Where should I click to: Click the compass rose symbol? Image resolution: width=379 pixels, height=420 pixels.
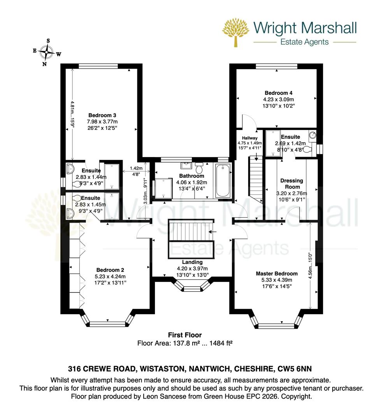pos(47,52)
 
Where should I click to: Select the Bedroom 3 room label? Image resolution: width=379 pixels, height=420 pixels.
pos(102,115)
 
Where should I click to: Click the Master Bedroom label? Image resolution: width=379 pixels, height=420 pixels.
pos(277,273)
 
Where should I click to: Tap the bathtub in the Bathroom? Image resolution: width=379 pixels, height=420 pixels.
pos(223,180)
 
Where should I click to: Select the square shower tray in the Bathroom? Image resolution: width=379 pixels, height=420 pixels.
pos(163,188)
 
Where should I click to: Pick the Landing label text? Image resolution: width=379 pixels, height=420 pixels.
pos(192,262)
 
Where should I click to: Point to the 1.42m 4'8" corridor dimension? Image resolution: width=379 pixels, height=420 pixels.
pos(133,172)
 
